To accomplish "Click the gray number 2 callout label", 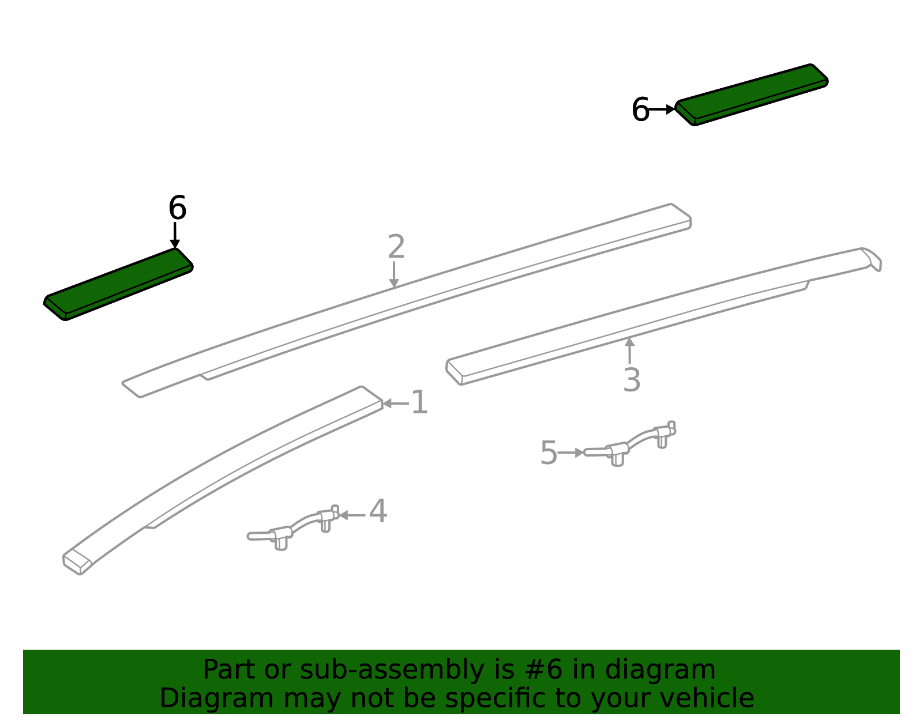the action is (396, 246).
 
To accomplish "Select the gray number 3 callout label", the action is (632, 380).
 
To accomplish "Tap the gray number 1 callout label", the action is (419, 402).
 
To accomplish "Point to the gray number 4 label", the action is (378, 511).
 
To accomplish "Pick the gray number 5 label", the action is (549, 453).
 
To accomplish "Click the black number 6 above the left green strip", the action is (177, 208).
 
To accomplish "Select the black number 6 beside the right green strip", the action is (640, 110).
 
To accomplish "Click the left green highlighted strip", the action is (118, 284).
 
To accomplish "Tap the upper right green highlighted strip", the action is (752, 95).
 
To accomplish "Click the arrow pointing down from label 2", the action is (394, 274).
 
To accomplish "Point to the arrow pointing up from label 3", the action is (629, 350).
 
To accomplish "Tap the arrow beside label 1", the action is (396, 403).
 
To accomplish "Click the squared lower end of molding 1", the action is (77, 561).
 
